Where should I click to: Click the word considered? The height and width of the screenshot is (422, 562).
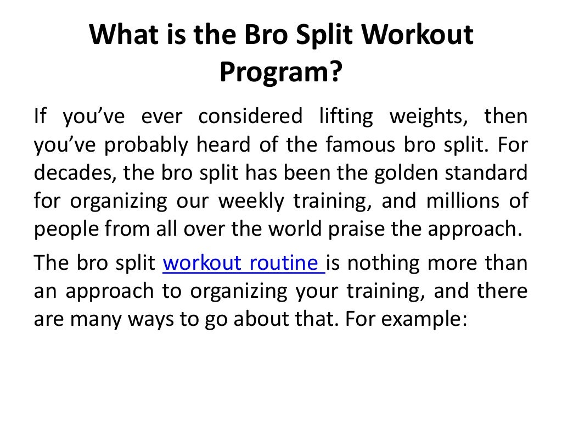250,116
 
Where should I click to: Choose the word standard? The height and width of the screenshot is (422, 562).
488,174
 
